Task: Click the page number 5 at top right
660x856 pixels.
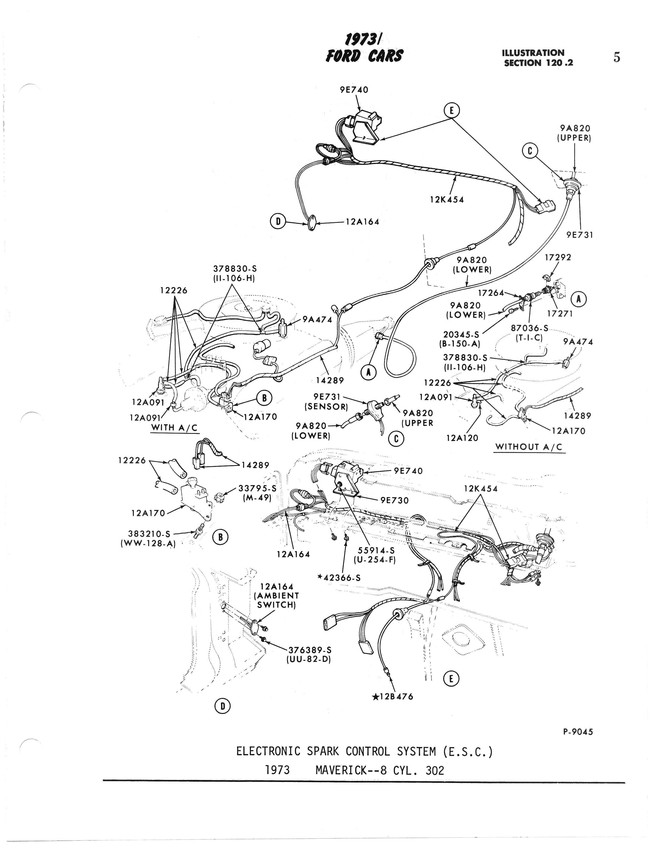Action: (616, 58)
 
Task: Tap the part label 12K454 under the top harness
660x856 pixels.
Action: (447, 200)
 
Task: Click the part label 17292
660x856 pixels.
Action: (558, 258)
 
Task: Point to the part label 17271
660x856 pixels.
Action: (559, 313)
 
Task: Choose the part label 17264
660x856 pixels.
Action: (491, 293)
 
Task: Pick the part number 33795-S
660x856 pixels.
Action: (257, 489)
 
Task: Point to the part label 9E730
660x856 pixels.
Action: (394, 501)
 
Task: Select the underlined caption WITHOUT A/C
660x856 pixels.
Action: (529, 447)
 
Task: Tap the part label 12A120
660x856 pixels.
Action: (462, 438)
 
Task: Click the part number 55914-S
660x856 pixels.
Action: (375, 550)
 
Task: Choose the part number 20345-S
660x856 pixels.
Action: (461, 335)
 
